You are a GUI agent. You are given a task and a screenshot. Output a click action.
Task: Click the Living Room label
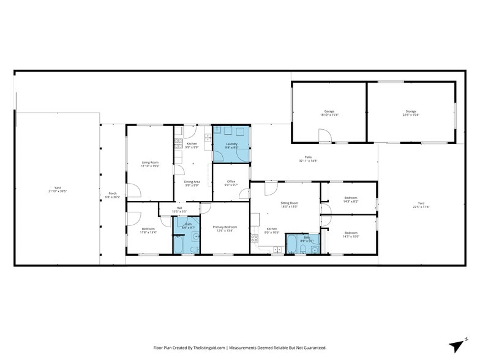click(149, 162)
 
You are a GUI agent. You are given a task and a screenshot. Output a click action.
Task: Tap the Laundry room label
click(231, 144)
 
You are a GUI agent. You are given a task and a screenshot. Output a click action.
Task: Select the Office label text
click(231, 181)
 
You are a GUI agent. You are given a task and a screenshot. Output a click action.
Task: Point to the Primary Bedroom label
click(225, 227)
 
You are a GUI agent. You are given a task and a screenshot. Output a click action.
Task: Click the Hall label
click(179, 208)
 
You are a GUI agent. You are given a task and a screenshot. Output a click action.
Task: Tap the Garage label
click(329, 111)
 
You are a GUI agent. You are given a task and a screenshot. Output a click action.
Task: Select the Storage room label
click(410, 111)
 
